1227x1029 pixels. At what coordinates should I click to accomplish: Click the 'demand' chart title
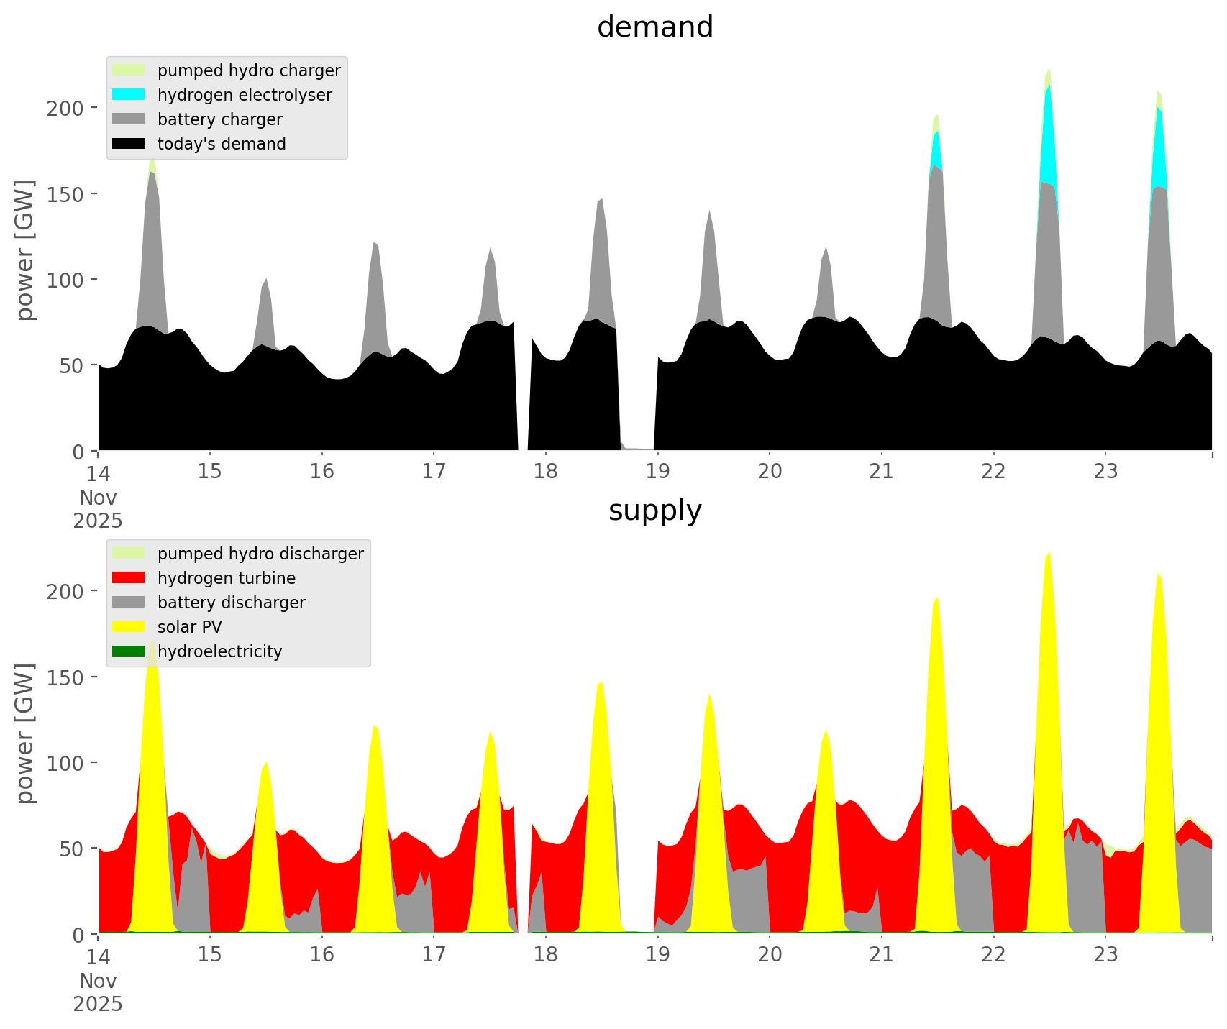click(x=654, y=27)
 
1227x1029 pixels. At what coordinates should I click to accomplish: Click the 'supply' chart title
click(x=654, y=511)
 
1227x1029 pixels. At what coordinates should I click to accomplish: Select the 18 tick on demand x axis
click(x=546, y=472)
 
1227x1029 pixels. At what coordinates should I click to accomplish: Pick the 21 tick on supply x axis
click(x=881, y=955)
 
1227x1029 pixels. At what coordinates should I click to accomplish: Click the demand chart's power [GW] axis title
click(x=25, y=250)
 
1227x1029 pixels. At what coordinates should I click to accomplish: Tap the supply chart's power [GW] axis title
click(x=25, y=733)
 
